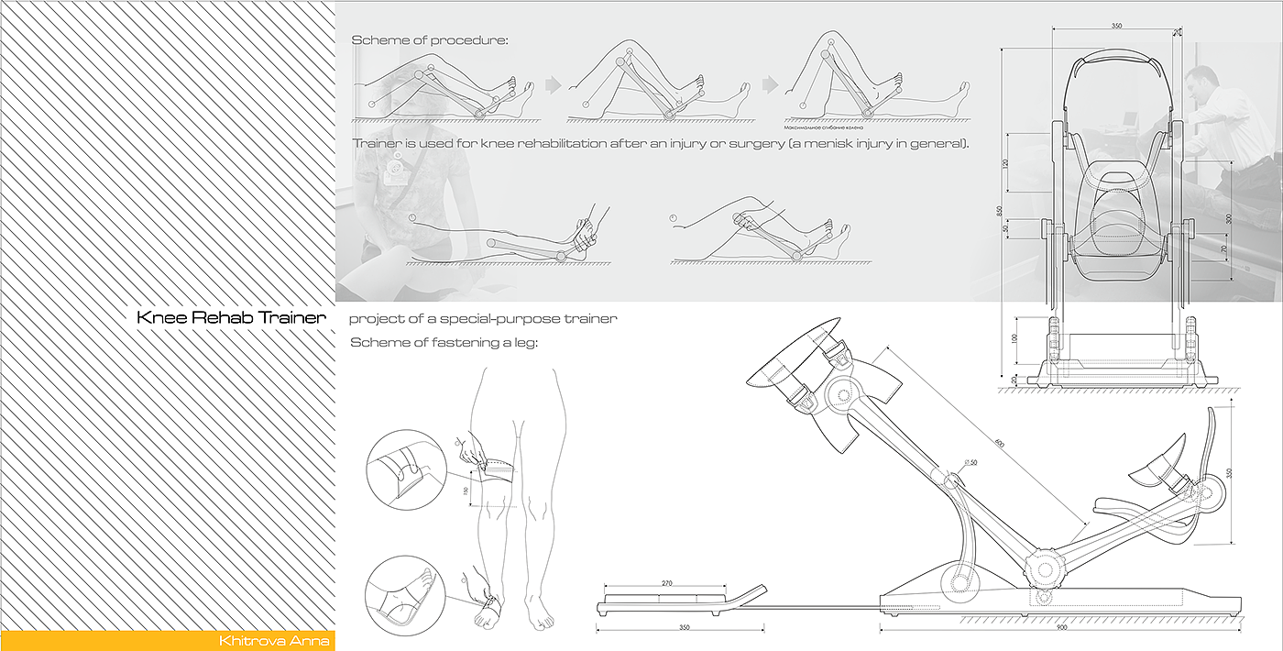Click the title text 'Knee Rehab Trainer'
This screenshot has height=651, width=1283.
pos(231,318)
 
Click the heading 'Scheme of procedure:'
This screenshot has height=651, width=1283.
pos(430,41)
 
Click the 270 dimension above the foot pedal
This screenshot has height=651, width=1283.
pos(666,583)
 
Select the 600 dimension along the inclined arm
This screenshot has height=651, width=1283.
pos(998,444)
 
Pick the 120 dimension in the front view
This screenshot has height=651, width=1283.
pos(1006,163)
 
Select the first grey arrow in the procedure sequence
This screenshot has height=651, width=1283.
pos(553,84)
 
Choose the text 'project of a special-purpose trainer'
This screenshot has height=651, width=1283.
pos(483,319)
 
